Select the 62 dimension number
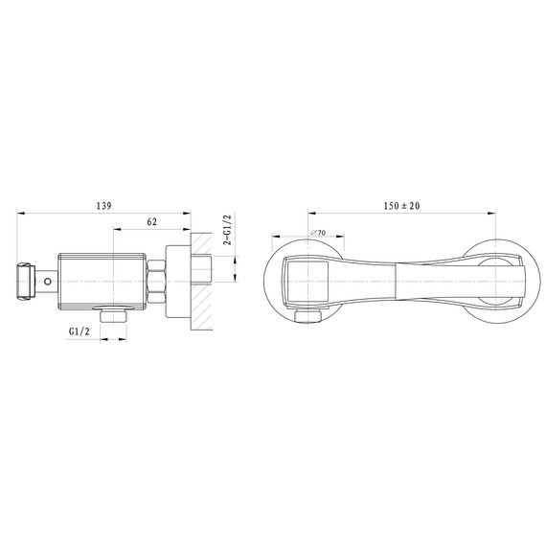point(152,224)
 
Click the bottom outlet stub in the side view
point(113,315)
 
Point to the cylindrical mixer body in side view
point(101,281)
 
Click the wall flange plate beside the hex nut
point(176,281)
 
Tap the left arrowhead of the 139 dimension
point(21,214)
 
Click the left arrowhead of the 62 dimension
point(116,231)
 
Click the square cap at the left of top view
point(306,281)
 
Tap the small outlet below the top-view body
point(309,318)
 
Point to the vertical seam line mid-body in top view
point(396,281)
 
